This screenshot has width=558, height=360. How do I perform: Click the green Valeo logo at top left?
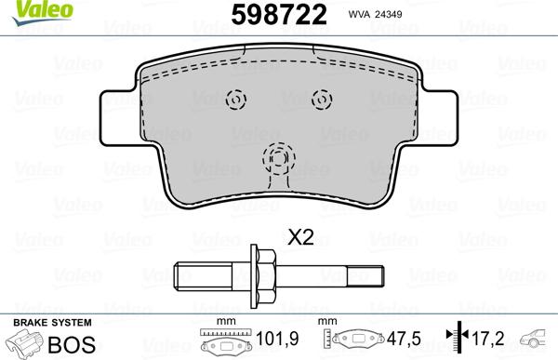(x=27, y=10)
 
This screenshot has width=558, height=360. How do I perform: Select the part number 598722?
(x=279, y=15)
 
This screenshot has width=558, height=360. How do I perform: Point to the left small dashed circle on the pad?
(x=235, y=98)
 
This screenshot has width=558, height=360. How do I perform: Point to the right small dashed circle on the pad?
(x=321, y=98)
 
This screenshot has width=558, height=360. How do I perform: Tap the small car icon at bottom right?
(x=539, y=339)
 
